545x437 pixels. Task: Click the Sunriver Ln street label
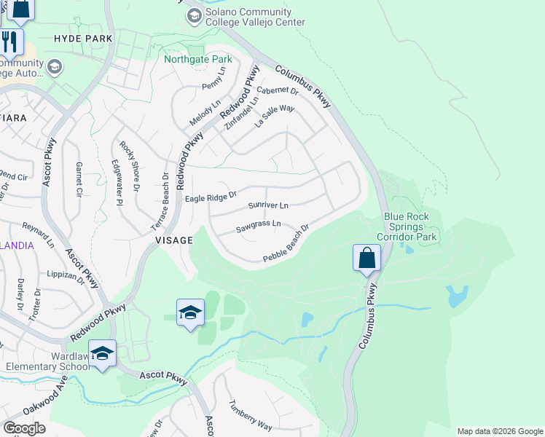(268, 206)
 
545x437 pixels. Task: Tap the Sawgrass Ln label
(258, 227)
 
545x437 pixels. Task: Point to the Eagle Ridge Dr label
(211, 197)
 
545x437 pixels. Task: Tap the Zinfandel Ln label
(241, 114)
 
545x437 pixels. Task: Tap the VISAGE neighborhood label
(173, 240)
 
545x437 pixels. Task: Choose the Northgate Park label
(197, 59)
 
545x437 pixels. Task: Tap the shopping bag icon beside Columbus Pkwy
(366, 259)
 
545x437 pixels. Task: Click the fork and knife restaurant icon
(9, 42)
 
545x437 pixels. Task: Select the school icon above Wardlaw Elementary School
(102, 353)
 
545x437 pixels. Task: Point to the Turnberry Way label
(250, 415)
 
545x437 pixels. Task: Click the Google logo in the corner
(24, 428)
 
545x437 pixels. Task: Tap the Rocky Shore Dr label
(129, 167)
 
